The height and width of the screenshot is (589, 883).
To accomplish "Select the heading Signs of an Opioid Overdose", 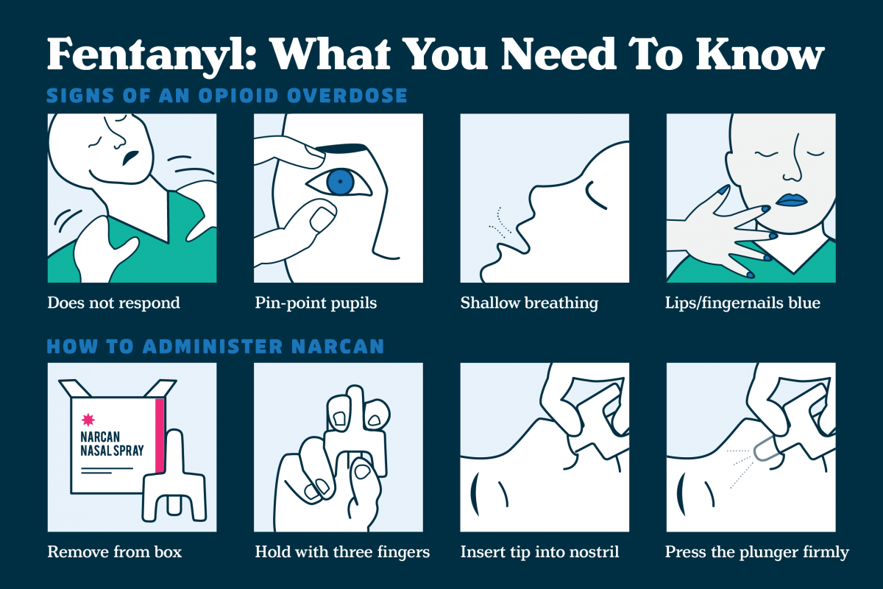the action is pyautogui.click(x=227, y=96).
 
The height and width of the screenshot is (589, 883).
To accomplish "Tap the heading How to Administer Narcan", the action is pyautogui.click(x=215, y=346).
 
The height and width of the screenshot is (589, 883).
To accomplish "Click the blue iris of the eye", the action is pyautogui.click(x=341, y=182).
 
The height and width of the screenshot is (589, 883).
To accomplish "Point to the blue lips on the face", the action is pyautogui.click(x=791, y=200).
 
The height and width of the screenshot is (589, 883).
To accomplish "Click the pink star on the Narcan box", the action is pyautogui.click(x=88, y=420).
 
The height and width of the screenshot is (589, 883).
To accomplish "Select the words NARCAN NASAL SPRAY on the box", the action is pyautogui.click(x=112, y=444).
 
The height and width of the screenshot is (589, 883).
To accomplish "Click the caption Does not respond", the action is pyautogui.click(x=113, y=303).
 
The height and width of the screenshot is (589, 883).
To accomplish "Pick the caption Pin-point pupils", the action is pyautogui.click(x=316, y=303).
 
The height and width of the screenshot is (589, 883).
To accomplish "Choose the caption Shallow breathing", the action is pyautogui.click(x=529, y=303).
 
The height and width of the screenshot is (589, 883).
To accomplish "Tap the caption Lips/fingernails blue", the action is pyautogui.click(x=742, y=303).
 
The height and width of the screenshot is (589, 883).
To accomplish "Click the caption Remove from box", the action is pyautogui.click(x=115, y=552).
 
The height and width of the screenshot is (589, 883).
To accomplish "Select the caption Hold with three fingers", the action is pyautogui.click(x=342, y=552).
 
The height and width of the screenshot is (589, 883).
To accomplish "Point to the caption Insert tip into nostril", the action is pyautogui.click(x=539, y=552).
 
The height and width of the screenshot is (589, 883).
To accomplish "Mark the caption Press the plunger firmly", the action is pyautogui.click(x=757, y=552).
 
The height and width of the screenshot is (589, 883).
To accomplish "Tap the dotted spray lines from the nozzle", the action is pyautogui.click(x=740, y=468).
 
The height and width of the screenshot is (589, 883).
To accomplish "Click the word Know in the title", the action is pyautogui.click(x=760, y=54).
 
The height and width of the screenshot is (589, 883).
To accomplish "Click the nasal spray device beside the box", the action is pyautogui.click(x=174, y=478).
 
